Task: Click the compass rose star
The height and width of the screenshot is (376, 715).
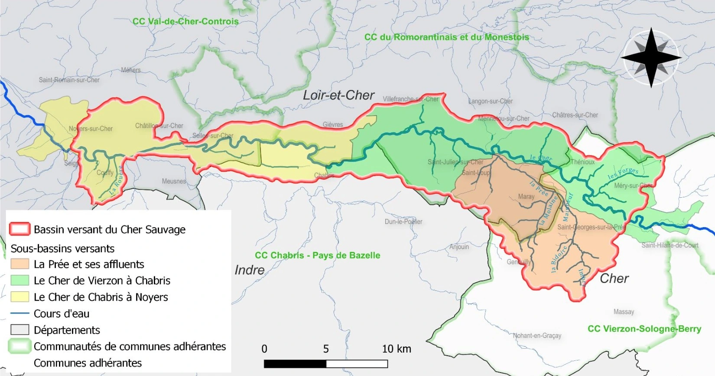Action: pos(651,58)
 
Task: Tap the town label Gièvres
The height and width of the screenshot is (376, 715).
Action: pos(333,125)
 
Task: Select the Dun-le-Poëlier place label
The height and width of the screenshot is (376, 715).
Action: pos(403,222)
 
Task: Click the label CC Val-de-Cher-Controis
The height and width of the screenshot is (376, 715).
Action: pos(185,22)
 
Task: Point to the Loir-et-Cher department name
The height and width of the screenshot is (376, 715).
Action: pos(338,95)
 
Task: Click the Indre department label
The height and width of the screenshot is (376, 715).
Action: pos(249,270)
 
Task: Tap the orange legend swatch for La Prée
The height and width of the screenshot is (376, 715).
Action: pos(19,264)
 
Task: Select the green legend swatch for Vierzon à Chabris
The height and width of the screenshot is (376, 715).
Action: pos(19,280)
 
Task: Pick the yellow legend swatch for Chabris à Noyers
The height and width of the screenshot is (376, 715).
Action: pos(19,297)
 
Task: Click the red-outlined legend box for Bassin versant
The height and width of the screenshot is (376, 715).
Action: pos(19,229)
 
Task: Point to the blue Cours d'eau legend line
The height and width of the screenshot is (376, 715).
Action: pos(19,313)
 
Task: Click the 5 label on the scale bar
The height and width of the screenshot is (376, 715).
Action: pos(326,349)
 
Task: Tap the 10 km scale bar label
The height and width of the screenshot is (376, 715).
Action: pos(396,349)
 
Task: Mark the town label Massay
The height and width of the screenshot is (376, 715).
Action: pos(624,312)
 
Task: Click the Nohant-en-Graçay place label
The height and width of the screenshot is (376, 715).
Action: pos(537,335)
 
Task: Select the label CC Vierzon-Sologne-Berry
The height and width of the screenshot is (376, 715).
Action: pos(644,329)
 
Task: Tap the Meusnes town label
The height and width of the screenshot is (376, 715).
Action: pos(174,181)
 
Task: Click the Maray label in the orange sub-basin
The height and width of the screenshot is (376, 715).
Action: pos(526,196)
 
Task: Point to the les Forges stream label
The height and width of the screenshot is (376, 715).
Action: pos(623,173)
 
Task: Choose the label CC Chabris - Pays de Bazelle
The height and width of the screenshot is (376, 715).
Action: pos(317,255)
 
